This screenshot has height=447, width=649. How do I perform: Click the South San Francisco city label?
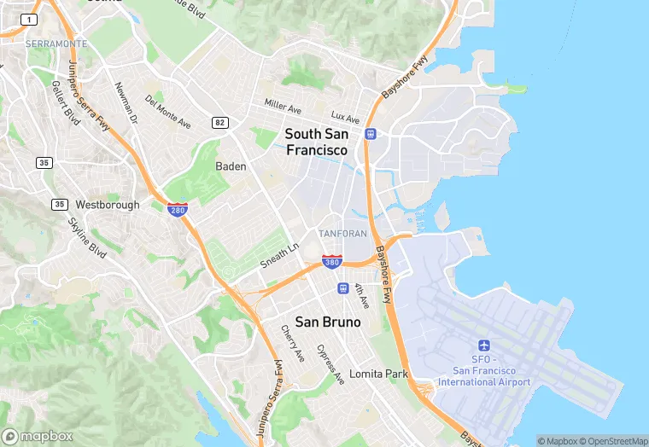[316, 142]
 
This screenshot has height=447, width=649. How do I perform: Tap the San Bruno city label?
[328, 322]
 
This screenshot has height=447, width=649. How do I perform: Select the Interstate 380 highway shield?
[332, 261]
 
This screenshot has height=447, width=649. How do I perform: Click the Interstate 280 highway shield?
[178, 209]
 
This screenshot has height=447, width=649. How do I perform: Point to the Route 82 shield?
[221, 123]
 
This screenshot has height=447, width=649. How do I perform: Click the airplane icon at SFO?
[484, 345]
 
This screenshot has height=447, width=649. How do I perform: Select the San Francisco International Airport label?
[484, 376]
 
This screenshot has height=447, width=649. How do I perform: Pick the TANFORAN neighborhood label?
[342, 233]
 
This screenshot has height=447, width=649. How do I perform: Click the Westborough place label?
[108, 205]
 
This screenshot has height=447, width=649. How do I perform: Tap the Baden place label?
[231, 166]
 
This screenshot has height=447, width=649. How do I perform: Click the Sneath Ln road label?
[280, 255]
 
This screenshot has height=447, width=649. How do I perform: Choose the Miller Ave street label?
[283, 107]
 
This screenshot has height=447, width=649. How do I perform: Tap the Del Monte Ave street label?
[167, 112]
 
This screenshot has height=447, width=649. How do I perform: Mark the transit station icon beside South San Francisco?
[371, 134]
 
